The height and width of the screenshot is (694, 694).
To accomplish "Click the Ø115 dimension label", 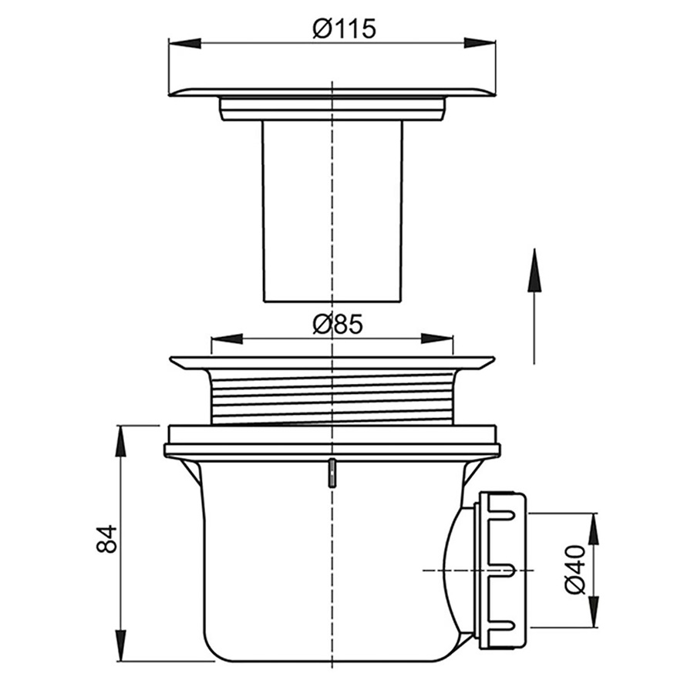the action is [x=344, y=29].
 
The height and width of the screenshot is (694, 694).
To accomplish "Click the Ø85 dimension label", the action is [x=338, y=324].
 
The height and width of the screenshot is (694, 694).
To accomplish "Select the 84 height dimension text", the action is [x=106, y=539].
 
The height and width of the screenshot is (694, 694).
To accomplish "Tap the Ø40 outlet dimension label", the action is [x=575, y=570].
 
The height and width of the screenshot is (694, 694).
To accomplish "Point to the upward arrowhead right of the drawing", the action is [x=534, y=270].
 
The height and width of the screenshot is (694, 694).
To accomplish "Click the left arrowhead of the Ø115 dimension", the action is [x=185, y=43].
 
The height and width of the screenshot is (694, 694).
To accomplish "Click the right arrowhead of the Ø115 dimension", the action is [x=480, y=43].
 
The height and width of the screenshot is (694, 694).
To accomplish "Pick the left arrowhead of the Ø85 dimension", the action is [x=227, y=339].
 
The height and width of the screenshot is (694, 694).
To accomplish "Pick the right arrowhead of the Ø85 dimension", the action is [x=437, y=339].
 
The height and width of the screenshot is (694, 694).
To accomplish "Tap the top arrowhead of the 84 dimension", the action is [x=120, y=441].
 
